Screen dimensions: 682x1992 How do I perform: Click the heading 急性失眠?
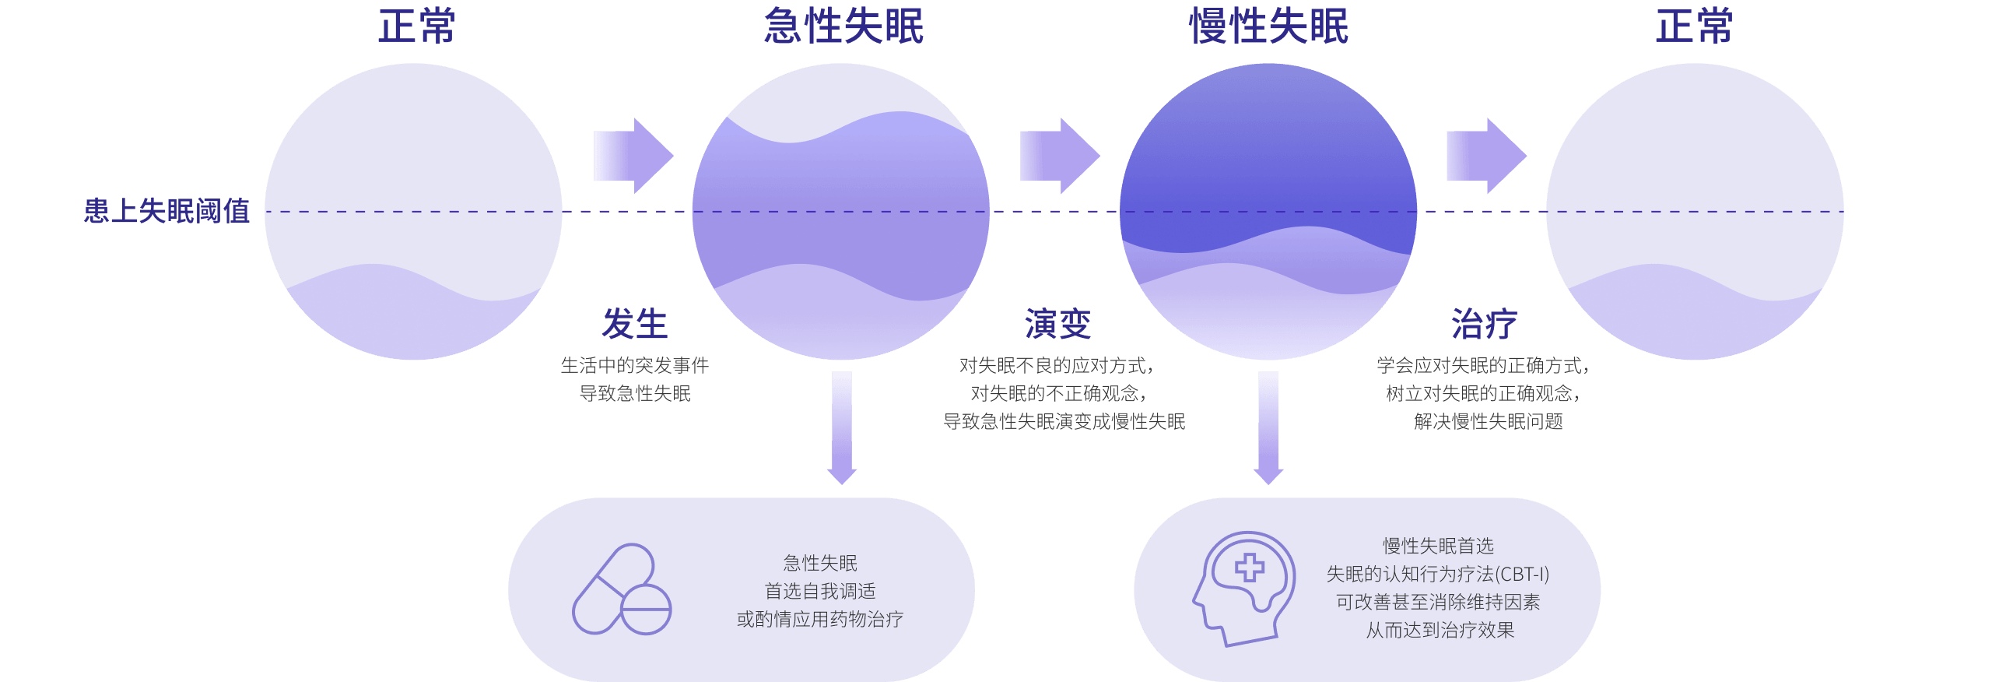click(x=843, y=26)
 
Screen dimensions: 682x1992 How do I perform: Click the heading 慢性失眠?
click(x=1268, y=26)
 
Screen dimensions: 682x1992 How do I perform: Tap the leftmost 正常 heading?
click(x=416, y=26)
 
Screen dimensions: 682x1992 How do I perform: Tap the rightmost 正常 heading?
click(x=1694, y=26)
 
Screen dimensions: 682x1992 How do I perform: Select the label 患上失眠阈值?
click(x=167, y=211)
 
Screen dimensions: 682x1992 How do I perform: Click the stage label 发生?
click(x=635, y=324)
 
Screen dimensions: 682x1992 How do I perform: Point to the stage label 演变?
click(x=1058, y=324)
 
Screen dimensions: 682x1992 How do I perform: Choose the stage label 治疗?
click(x=1485, y=324)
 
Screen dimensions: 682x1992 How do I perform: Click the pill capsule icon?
click(x=622, y=589)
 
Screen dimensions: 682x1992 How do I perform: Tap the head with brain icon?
click(x=1243, y=589)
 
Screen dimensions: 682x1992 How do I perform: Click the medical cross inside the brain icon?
click(x=1250, y=568)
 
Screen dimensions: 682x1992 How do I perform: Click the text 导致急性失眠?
click(x=635, y=394)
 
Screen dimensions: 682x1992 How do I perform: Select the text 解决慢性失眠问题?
click(x=1488, y=422)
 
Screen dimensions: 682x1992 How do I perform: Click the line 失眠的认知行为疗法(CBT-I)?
click(x=1438, y=575)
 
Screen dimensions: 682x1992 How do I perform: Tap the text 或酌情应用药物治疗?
click(x=820, y=620)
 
